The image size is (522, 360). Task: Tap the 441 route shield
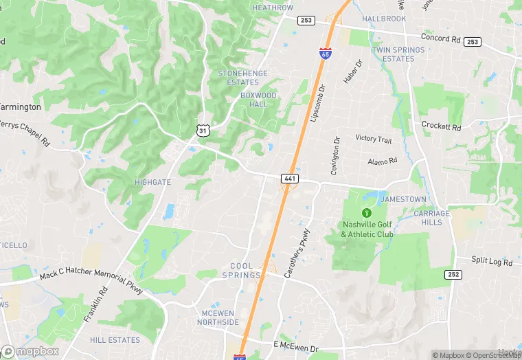[289, 179]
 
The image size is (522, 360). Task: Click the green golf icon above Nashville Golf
[366, 212]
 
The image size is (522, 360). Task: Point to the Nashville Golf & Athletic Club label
[367, 229]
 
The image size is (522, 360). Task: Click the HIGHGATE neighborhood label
[153, 181]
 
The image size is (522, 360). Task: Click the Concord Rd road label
[440, 39]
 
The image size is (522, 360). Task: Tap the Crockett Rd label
[440, 126]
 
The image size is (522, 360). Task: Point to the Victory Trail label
[373, 139]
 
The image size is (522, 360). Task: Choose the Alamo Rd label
[383, 161]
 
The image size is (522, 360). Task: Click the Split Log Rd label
[492, 262]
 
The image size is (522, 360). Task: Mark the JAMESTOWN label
[422, 199]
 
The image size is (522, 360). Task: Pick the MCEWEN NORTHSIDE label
[219, 317]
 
